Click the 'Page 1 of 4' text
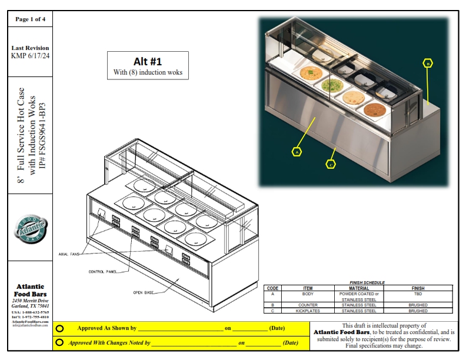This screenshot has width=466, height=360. tap(29, 19)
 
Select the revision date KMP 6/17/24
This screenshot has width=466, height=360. tap(30, 56)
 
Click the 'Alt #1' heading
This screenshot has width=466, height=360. tap(148, 61)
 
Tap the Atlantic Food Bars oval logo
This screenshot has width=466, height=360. tap(30, 228)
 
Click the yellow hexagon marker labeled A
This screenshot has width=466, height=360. tap(297, 151)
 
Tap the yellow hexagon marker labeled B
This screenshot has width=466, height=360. tap(428, 63)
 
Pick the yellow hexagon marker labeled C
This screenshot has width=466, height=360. tap(331, 164)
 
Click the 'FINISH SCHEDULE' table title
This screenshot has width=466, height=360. tap(367, 282)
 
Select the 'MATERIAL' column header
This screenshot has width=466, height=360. tap(359, 288)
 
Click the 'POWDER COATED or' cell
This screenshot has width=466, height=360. tap(359, 294)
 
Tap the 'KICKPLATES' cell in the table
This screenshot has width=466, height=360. tap(308, 310)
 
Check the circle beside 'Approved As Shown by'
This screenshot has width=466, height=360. tap(60, 328)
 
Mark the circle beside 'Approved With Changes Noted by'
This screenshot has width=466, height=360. tap(60, 342)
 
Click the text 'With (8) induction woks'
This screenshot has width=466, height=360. tap(148, 73)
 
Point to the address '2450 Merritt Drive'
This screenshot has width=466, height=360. tap(30, 301)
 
